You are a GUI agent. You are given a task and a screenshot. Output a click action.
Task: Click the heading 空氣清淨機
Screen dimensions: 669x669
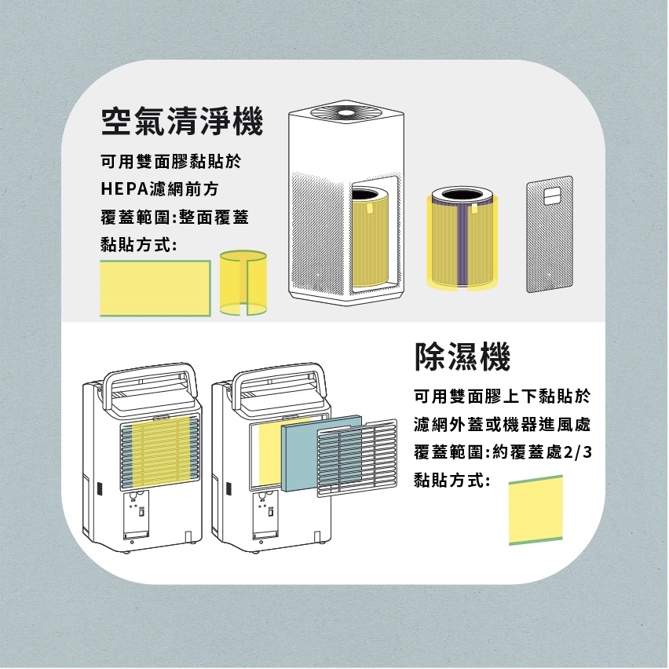coord(182,122)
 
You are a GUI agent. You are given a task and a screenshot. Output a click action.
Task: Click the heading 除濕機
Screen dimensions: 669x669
coord(462,356)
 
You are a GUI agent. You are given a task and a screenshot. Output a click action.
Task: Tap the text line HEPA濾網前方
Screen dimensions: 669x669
coord(159,189)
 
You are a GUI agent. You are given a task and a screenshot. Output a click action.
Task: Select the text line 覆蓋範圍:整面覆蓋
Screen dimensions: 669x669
coord(174,218)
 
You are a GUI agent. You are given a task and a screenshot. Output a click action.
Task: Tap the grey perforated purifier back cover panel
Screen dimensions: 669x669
coord(550,234)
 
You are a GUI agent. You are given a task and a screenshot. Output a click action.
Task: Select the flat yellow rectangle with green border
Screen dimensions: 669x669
coord(155,288)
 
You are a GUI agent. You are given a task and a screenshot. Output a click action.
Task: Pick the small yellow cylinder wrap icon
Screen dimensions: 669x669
coord(243,283)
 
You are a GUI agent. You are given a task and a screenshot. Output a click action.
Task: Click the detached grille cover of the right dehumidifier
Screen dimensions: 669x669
coord(357,458)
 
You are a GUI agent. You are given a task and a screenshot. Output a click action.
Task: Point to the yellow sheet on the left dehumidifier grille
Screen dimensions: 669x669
coord(161,451)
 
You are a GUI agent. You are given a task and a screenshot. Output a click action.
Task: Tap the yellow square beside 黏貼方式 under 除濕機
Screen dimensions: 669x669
coord(536,510)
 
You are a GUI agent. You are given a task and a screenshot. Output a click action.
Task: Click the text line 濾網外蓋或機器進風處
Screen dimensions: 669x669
coord(503,425)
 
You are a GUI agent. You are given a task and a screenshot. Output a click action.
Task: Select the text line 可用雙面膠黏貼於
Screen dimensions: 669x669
coord(171,161)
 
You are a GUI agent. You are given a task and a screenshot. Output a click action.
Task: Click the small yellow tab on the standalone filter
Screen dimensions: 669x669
coord(474,210)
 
